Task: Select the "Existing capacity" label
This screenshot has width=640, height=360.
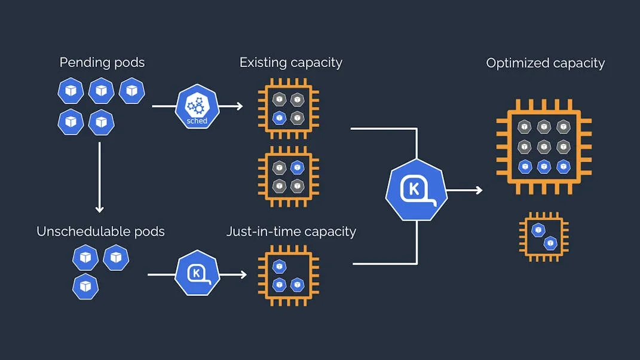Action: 290,63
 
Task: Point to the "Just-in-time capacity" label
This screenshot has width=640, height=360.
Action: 291,231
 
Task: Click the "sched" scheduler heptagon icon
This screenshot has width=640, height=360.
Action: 197,106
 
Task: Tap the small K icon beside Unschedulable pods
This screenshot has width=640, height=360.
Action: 197,273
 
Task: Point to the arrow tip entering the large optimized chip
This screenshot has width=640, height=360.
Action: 482,190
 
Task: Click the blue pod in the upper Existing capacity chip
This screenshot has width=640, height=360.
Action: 279,118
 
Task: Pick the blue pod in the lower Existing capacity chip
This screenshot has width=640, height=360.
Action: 297,167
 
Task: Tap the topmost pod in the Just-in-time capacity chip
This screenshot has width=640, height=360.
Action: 279,267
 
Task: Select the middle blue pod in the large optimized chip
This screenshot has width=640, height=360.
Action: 544,167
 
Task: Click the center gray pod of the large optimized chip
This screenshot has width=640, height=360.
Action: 544,147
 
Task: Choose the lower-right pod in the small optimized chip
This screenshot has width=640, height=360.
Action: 550,243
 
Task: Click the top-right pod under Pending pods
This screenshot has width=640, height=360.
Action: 131,91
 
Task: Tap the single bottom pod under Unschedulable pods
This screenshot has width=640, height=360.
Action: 85,286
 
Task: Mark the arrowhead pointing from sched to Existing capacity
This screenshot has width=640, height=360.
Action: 240,106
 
